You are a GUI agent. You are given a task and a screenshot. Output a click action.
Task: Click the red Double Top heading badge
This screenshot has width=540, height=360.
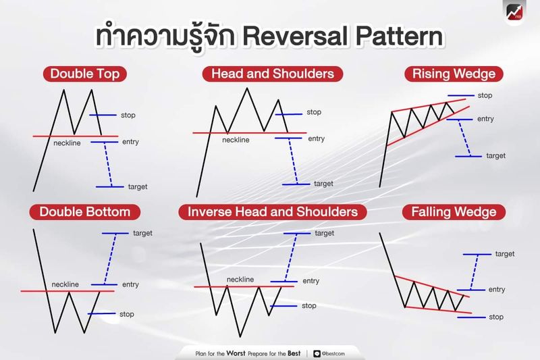pos(80,74)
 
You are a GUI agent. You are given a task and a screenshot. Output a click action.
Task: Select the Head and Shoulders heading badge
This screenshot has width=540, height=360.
pos(273,74)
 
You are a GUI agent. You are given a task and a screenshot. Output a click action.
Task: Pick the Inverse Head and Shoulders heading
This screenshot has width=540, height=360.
pos(273,212)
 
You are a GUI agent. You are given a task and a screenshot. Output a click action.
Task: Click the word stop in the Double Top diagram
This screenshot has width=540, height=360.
pos(128,115)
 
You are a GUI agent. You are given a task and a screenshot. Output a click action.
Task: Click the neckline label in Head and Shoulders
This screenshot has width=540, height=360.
pos(236,140)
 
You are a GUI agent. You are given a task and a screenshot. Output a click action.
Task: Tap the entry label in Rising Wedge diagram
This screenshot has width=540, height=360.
pos(485,119)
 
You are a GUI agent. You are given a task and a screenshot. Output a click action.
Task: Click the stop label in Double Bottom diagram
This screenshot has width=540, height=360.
pos(126,314)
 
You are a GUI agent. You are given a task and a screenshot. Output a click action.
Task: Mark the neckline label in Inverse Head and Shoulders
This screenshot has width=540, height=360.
pos(240,279)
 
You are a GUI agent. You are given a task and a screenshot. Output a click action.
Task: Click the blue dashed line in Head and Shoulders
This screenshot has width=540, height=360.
pos(294,161)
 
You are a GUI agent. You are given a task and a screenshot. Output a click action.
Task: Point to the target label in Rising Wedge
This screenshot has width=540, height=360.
pos(495,156)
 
